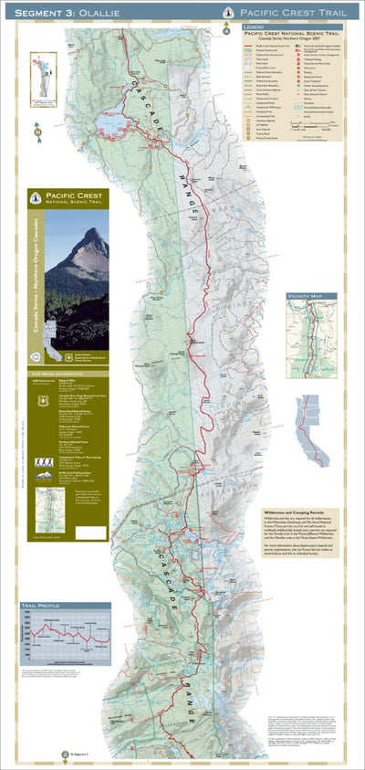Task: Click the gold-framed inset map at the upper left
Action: tap(43, 81)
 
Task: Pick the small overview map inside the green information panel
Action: tap(49, 508)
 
